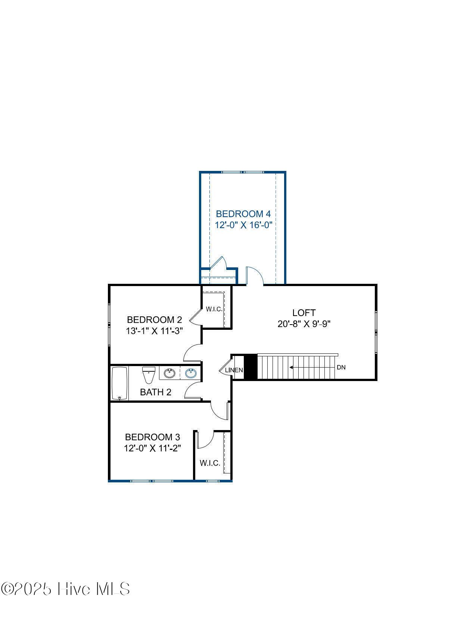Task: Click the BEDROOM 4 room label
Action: [x=243, y=214]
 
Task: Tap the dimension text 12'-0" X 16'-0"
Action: [x=243, y=225]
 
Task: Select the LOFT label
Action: [x=304, y=313]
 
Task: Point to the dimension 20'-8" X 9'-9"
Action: [x=304, y=324]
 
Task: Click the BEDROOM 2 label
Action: [x=154, y=320]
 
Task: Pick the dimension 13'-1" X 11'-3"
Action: [x=154, y=331]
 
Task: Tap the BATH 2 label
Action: [x=155, y=392]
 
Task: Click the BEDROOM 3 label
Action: [x=152, y=437]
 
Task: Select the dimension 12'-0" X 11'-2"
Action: [x=152, y=448]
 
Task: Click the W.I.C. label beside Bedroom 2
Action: [x=214, y=309]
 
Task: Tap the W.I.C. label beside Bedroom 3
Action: [x=210, y=463]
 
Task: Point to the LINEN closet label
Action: [x=234, y=370]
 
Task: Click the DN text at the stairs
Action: [x=341, y=367]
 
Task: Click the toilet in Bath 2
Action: [x=149, y=375]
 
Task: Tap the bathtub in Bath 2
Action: [x=120, y=383]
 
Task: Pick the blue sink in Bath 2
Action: [x=191, y=373]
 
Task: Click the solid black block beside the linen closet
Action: [x=251, y=367]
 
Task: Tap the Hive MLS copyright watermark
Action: [x=65, y=589]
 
